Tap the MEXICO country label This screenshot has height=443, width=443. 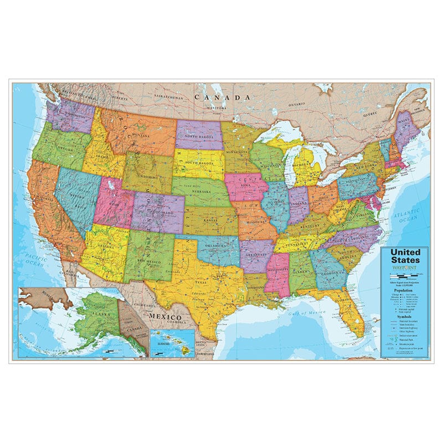click(x=164, y=316)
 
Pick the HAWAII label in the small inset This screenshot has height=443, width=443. click(x=164, y=344)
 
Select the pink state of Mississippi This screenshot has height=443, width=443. click(x=276, y=271)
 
